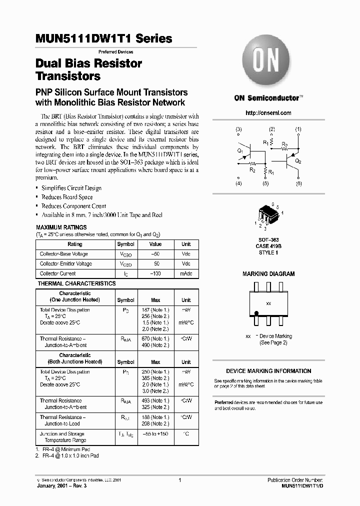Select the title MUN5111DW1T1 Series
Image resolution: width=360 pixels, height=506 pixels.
[104, 38]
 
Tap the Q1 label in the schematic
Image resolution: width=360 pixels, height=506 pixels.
[240, 150]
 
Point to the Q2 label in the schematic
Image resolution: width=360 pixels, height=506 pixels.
[298, 161]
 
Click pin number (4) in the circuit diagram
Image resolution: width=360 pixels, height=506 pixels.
[238, 184]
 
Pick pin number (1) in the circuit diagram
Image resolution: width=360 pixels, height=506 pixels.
[298, 129]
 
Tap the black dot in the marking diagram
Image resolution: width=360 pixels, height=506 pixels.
[257, 313]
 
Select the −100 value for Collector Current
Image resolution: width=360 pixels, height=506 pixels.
[155, 273]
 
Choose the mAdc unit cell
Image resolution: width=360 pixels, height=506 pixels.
[186, 273]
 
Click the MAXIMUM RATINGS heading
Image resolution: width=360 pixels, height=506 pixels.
[58, 227]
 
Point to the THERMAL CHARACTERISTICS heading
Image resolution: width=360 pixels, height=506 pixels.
[76, 283]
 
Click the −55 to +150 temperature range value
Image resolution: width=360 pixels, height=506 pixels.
[155, 434]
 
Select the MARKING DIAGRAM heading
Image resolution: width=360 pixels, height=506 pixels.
[268, 274]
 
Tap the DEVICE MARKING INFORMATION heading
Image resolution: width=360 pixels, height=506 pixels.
[268, 371]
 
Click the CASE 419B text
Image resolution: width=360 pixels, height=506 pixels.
[268, 246]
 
